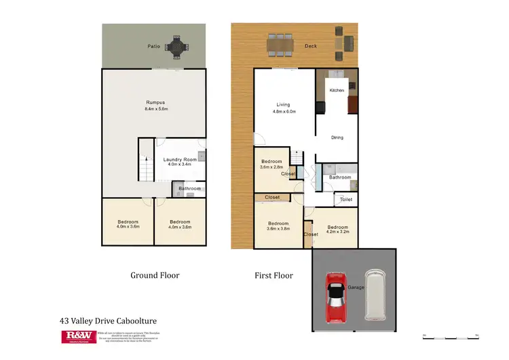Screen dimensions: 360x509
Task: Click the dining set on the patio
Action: [177, 46]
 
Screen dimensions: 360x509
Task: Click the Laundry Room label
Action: [179, 160]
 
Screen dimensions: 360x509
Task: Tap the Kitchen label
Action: [337, 90]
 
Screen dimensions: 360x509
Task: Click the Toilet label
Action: [346, 200]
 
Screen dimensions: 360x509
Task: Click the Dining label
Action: [337, 137]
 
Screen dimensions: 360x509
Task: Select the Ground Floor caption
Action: [155, 275]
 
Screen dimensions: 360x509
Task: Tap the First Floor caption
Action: [274, 275]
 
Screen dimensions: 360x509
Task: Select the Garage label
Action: [356, 287]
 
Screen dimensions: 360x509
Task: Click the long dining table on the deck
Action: [280, 45]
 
